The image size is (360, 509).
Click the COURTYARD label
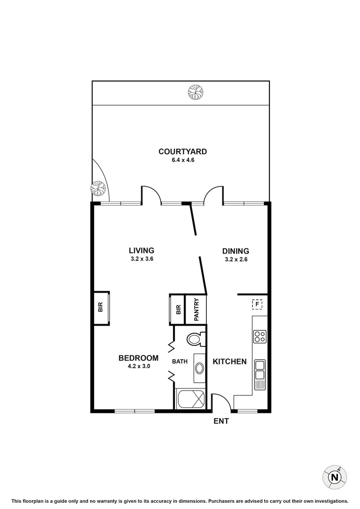(182, 152)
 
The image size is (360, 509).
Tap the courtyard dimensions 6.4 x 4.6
(182, 160)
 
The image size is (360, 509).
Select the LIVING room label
(142, 251)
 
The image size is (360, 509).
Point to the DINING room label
(236, 251)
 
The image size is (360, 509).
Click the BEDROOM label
(138, 358)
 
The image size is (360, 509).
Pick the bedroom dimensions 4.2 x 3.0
(138, 366)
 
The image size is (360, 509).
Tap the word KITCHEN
(229, 361)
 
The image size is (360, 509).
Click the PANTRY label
(196, 309)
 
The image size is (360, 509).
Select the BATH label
(180, 361)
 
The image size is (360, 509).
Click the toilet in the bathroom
(195, 338)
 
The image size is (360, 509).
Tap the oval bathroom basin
(200, 368)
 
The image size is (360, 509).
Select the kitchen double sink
(260, 370)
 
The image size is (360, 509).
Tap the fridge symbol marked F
(257, 304)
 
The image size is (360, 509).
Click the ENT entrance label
(221, 421)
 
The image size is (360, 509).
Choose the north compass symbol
(335, 477)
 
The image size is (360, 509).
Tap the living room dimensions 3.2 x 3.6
(142, 259)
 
